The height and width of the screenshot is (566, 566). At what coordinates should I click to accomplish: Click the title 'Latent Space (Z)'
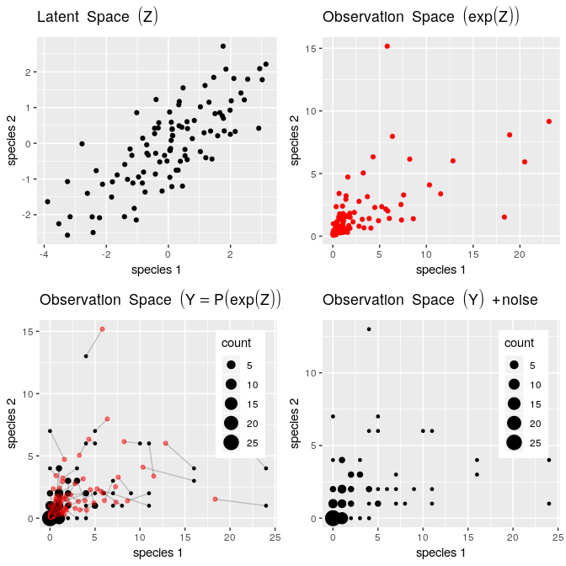click(x=98, y=16)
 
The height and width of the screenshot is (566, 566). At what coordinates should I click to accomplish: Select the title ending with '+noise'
click(x=430, y=299)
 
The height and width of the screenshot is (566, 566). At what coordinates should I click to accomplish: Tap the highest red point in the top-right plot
click(x=387, y=46)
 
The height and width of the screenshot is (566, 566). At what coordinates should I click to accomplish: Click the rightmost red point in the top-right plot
click(x=548, y=121)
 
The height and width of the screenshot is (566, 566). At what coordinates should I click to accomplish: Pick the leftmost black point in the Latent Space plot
click(x=47, y=201)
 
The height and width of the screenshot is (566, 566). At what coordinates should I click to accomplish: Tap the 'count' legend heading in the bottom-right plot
click(x=519, y=344)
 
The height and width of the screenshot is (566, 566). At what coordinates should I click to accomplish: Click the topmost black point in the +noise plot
click(x=369, y=329)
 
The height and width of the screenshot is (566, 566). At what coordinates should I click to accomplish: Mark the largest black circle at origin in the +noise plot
click(x=333, y=518)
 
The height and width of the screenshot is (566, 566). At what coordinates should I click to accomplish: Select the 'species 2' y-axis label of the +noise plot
click(x=296, y=423)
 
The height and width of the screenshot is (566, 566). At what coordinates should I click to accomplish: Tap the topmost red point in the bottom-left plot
click(x=102, y=328)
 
